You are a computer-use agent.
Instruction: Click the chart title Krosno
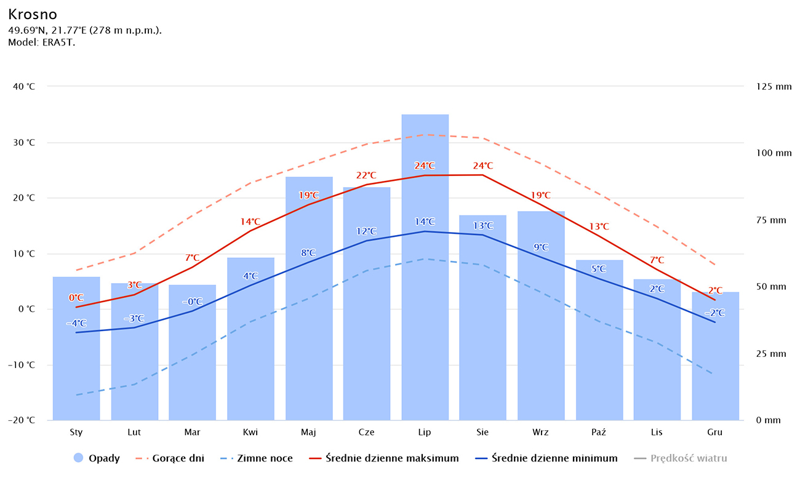click(x=33, y=15)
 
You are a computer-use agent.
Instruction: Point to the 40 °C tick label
click(x=24, y=87)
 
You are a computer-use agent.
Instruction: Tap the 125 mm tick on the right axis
click(x=774, y=87)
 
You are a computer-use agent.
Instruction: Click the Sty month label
click(x=76, y=433)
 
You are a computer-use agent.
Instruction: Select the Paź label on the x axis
click(x=599, y=433)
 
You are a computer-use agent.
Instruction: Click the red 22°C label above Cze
click(x=366, y=175)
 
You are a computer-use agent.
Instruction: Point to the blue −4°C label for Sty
click(x=76, y=323)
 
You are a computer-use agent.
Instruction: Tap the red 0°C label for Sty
click(x=76, y=298)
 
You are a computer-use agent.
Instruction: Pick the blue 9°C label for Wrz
click(x=541, y=247)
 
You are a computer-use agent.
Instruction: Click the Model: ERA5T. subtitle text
click(x=42, y=42)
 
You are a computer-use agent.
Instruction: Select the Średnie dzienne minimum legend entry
click(x=554, y=458)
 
